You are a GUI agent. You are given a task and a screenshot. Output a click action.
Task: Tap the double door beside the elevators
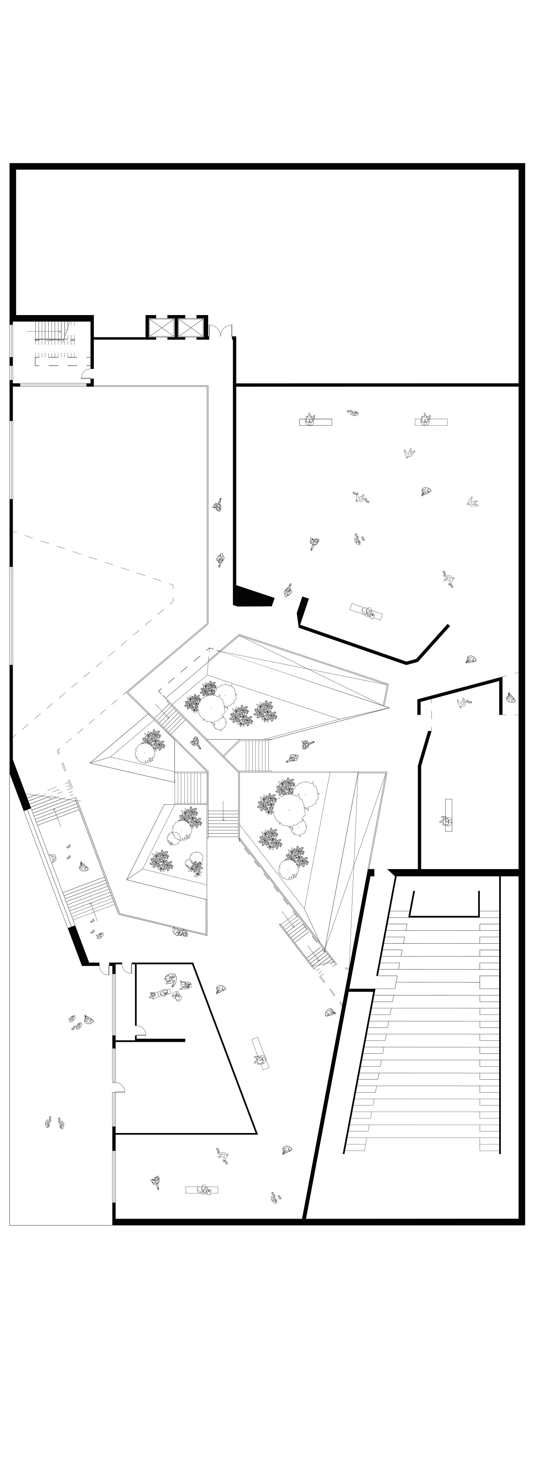point(220,331)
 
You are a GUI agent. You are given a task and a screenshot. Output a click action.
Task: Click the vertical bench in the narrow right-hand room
point(448,815)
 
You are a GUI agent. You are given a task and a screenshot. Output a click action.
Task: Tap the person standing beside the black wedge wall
point(288,590)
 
